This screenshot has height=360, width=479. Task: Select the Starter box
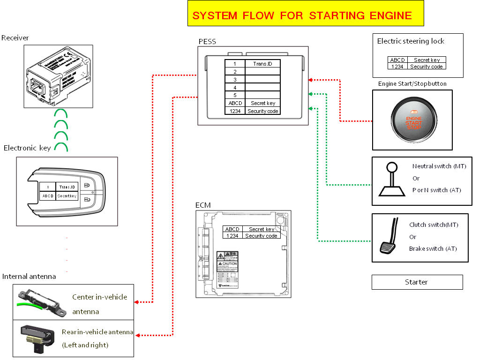(x=417, y=282)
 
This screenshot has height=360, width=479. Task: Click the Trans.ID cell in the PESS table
(x=262, y=64)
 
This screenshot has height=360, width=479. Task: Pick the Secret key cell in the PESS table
(x=262, y=103)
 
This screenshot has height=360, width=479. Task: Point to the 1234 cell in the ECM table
(x=232, y=236)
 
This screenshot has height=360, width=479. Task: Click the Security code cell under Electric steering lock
(x=426, y=67)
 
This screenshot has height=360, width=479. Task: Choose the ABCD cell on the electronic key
(x=47, y=196)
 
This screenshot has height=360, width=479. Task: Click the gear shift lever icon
(x=392, y=180)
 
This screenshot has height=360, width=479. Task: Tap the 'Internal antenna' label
(x=29, y=277)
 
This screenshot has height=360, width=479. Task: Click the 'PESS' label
(x=207, y=42)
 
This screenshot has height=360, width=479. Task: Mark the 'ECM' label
(x=203, y=205)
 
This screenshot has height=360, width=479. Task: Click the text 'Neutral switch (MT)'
(x=439, y=166)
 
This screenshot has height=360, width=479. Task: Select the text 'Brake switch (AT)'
(x=433, y=249)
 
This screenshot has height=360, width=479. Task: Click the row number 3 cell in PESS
(x=235, y=79)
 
